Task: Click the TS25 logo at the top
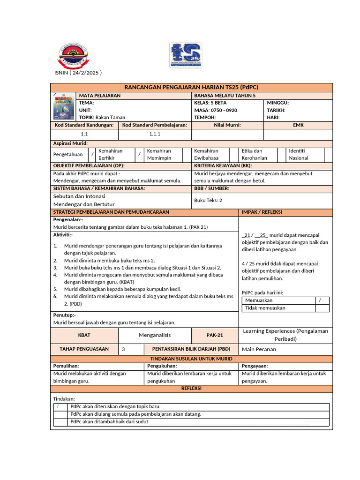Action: point(186,55)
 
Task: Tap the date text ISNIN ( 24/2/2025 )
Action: point(78,73)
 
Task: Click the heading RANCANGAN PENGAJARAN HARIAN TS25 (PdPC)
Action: point(192,87)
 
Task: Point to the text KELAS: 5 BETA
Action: point(210,103)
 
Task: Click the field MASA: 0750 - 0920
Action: point(216,110)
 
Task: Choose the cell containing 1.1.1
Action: point(155,134)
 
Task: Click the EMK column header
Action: point(298,125)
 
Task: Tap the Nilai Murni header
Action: point(227,125)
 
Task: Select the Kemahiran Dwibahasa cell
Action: point(207,154)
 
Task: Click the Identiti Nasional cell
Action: point(299,154)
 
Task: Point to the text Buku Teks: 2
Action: point(208,200)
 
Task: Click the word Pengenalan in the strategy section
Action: point(68,219)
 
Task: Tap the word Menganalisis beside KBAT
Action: point(155,335)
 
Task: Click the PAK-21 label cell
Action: point(215,335)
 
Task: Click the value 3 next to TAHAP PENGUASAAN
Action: point(123,349)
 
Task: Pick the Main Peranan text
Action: point(259,349)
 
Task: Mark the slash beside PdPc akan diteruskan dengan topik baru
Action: point(58,406)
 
